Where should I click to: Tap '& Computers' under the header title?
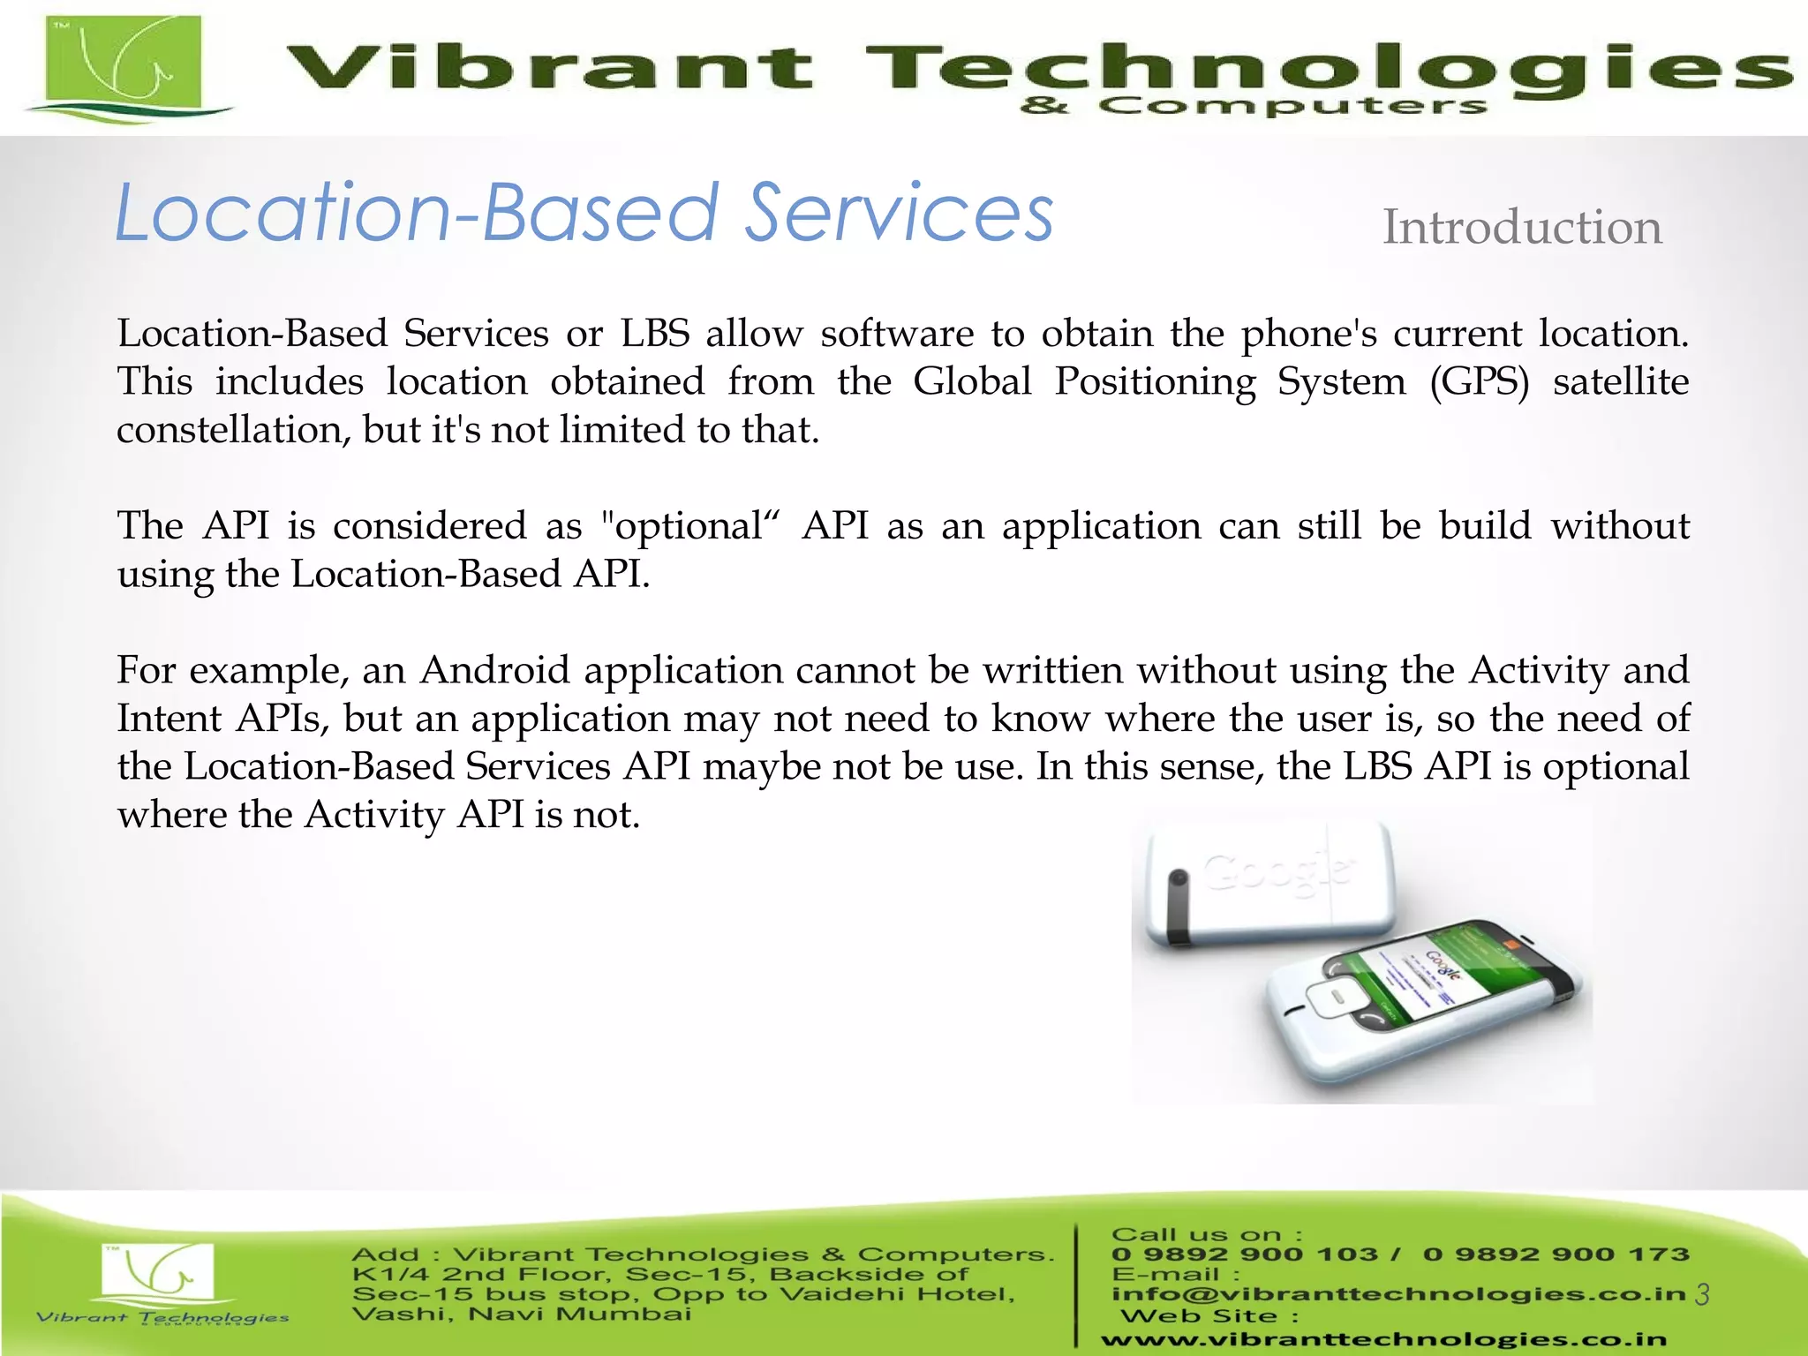[1254, 107]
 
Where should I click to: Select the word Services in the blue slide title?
[900, 214]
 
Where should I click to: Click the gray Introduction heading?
[1521, 228]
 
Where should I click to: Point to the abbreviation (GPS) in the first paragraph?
[1479, 382]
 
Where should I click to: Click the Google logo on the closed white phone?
[1277, 873]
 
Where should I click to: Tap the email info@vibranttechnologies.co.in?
[1398, 1294]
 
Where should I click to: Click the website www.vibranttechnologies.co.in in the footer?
[1383, 1339]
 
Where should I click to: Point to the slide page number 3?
[1702, 1294]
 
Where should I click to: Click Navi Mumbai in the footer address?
[579, 1315]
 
